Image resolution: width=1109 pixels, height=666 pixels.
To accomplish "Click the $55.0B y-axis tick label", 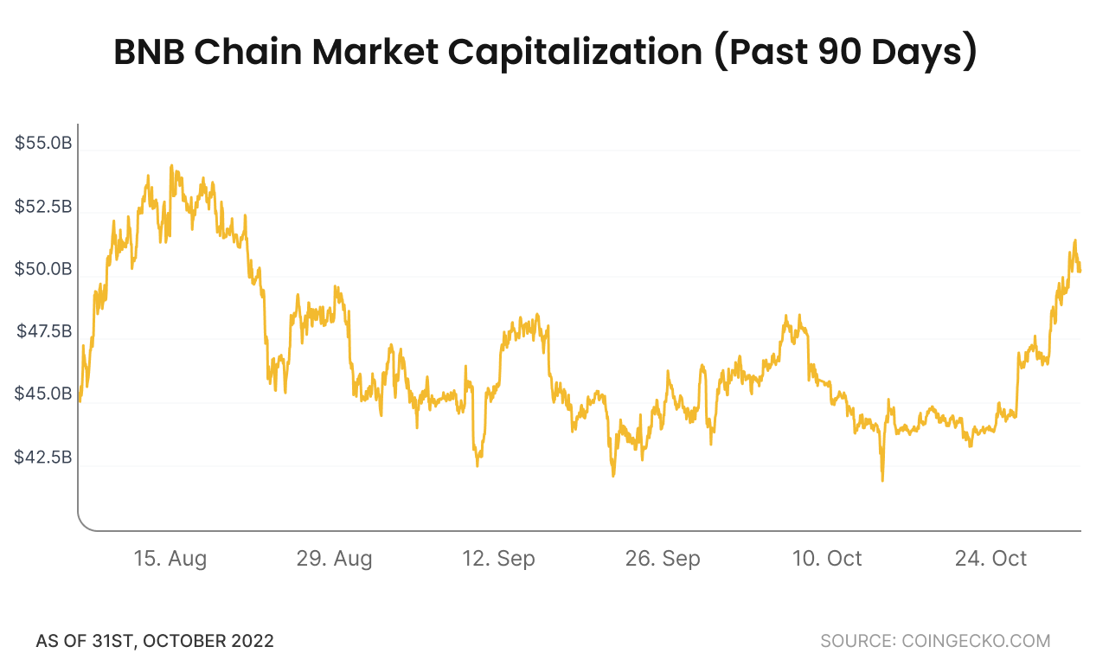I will coord(43,144).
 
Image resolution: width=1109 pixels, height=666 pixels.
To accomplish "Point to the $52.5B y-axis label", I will coord(43,208).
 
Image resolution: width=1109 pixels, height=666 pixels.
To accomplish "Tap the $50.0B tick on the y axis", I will coord(43,270).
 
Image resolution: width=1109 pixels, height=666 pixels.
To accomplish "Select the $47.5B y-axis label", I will coord(43,332).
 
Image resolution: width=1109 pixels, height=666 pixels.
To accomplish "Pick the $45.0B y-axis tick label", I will coord(43,394).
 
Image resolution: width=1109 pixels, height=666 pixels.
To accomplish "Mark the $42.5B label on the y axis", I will coord(43,457).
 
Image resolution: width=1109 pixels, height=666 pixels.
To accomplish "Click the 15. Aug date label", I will coord(170,559).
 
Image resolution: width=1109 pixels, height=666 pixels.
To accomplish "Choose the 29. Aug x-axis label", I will coord(334,559).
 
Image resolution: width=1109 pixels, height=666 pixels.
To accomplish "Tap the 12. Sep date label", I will coord(498,559).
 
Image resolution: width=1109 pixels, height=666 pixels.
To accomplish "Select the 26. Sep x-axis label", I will coord(663,559).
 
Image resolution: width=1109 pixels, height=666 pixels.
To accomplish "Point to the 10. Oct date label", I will coord(827,559).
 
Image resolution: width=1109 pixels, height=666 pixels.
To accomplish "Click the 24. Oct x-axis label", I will coord(990,559).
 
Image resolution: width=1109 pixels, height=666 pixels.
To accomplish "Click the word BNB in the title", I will coord(149,54).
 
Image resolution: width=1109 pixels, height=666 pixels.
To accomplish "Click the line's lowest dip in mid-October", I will coord(882,479).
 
